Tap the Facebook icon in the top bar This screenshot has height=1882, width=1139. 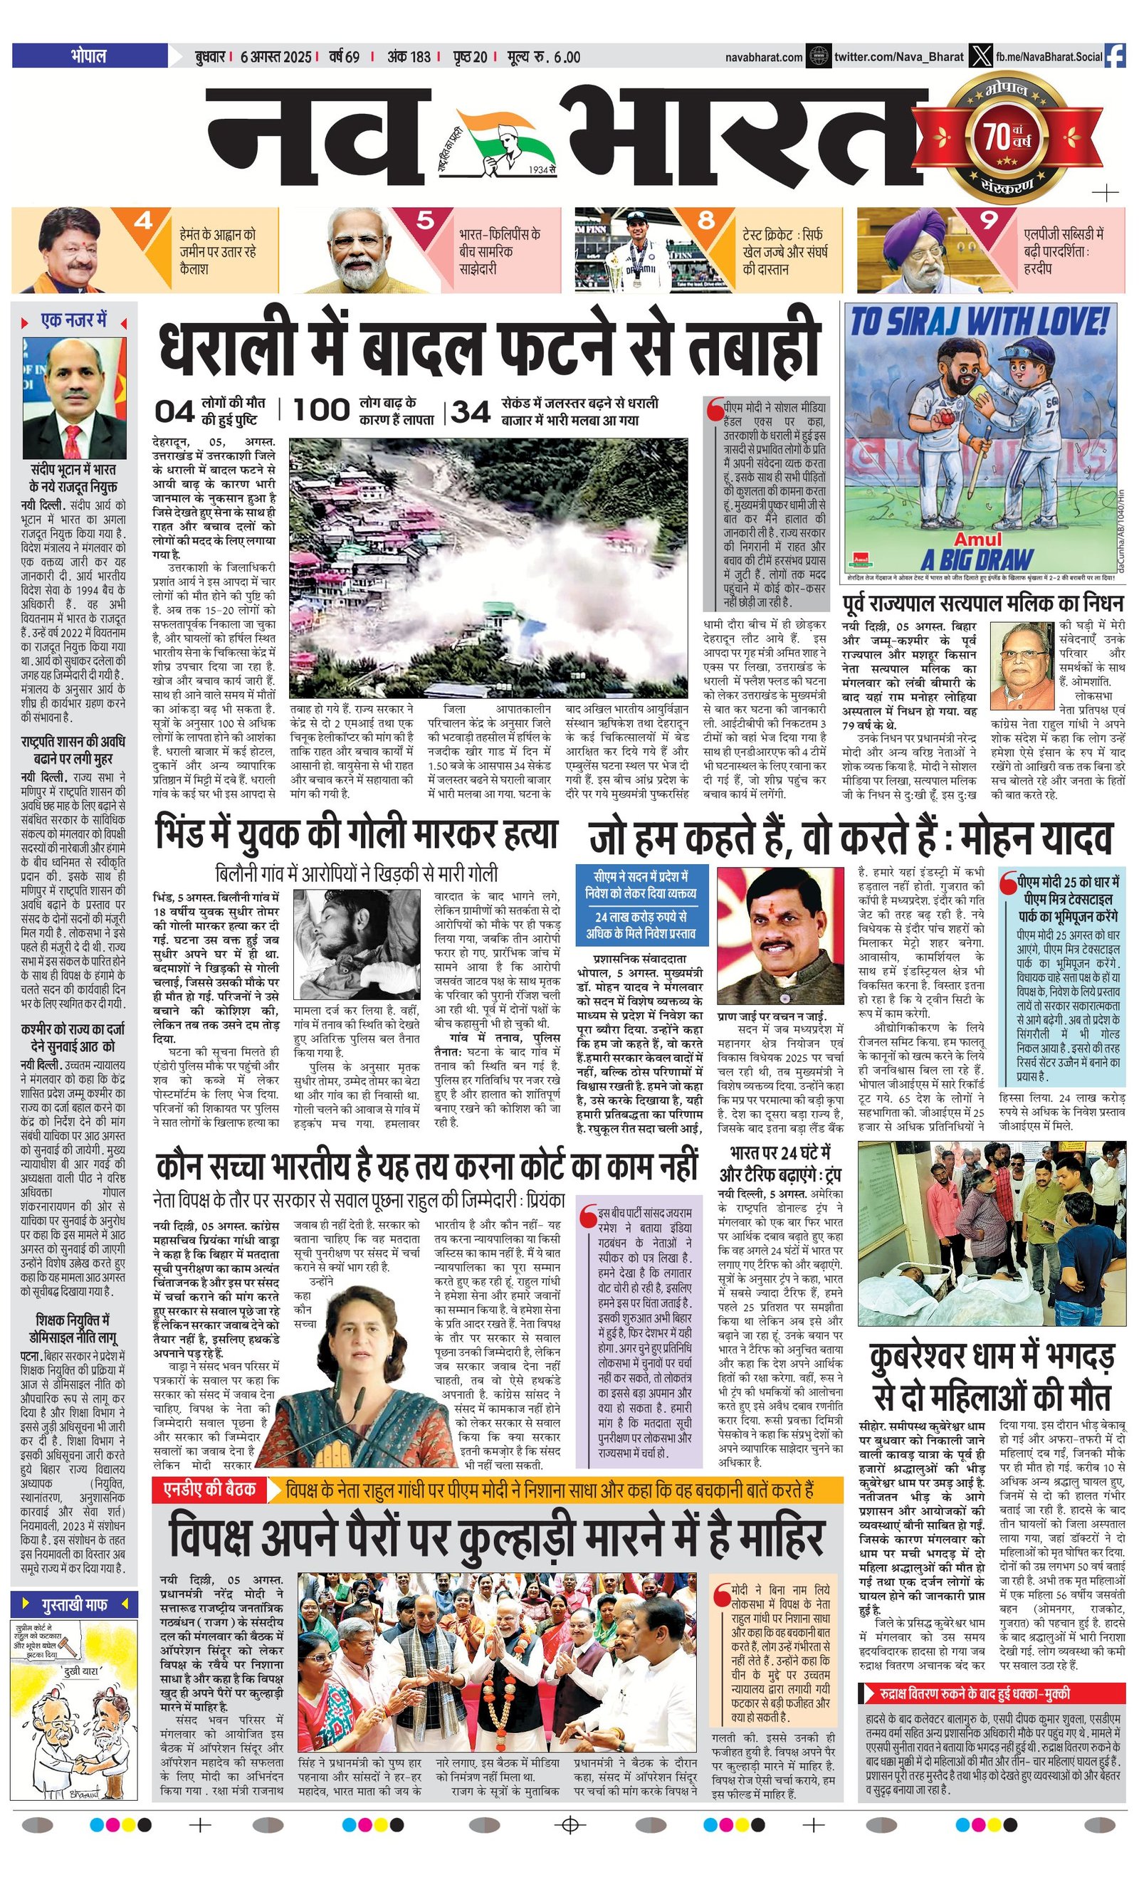pyautogui.click(x=1115, y=56)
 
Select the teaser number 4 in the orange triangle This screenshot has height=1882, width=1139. pyautogui.click(x=143, y=221)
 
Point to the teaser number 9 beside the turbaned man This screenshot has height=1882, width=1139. pyautogui.click(x=989, y=220)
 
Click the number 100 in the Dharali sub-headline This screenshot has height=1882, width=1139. pyautogui.click(x=321, y=410)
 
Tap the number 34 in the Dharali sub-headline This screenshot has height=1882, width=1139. pyautogui.click(x=471, y=412)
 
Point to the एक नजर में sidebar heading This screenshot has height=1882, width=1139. pyautogui.click(x=74, y=321)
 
